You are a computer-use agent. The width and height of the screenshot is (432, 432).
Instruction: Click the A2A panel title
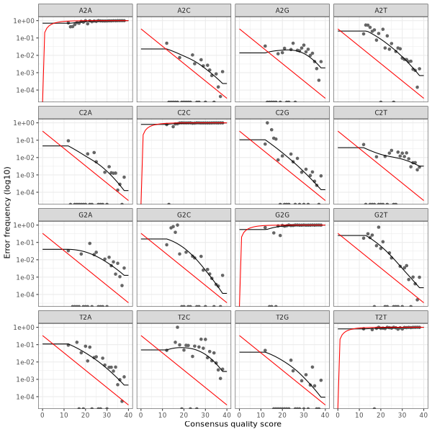(85, 9)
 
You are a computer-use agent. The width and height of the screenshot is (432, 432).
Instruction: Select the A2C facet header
(184, 9)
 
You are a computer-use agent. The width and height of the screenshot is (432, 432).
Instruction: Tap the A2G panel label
(282, 9)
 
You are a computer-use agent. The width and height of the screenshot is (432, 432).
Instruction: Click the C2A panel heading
(85, 112)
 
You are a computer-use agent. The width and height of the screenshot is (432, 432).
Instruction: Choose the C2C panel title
(184, 112)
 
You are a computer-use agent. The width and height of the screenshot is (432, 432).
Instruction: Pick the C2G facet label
(282, 112)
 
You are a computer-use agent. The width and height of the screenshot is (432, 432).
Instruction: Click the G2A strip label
(85, 214)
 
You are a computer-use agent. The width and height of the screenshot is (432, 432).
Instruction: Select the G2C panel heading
(184, 214)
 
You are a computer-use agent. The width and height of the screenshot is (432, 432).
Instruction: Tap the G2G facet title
(282, 214)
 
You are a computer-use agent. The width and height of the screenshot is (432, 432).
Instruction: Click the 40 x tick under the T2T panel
(423, 415)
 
